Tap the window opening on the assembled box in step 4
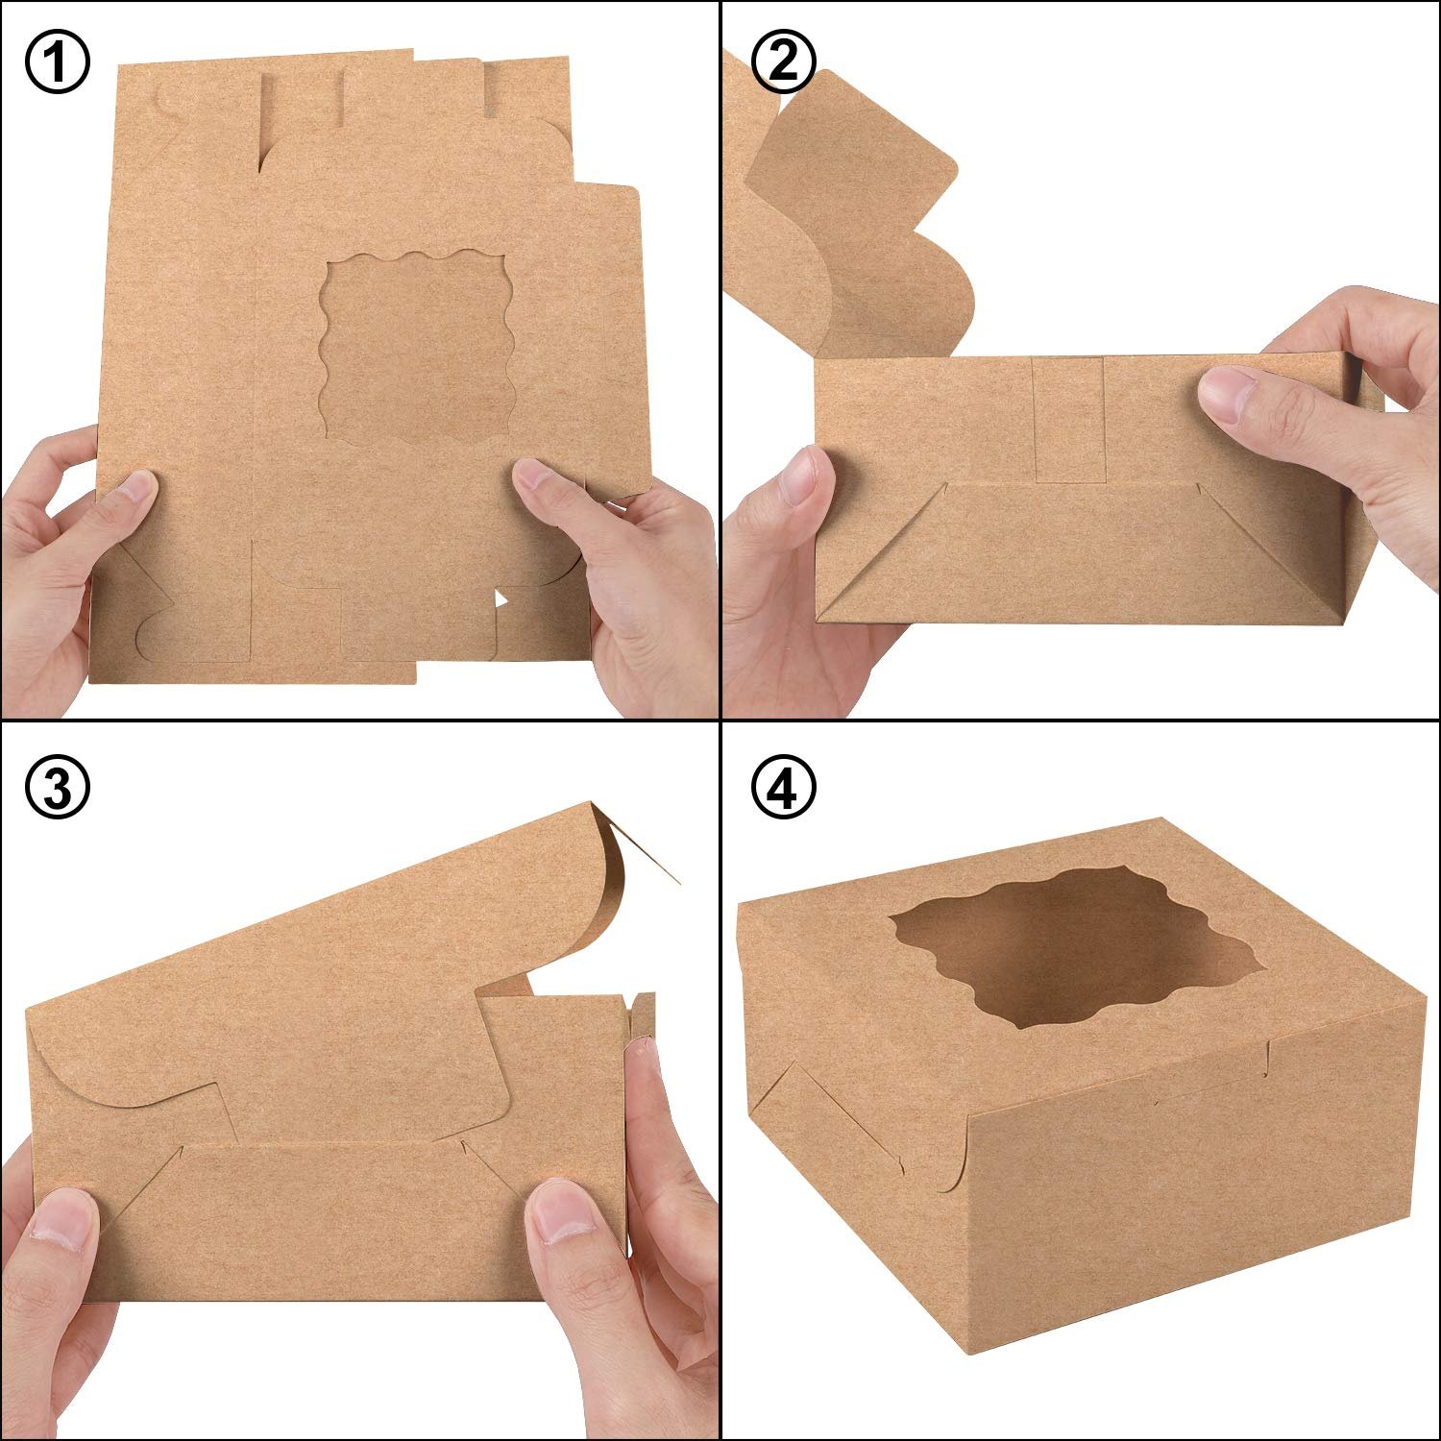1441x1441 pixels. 1071,951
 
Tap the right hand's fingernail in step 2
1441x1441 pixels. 1226,394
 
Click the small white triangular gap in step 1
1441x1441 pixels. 500,600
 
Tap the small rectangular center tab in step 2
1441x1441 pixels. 1068,420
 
